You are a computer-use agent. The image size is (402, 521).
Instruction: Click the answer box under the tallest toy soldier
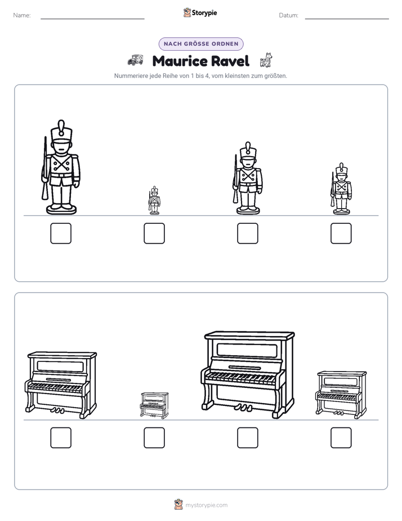pyautogui.click(x=61, y=233)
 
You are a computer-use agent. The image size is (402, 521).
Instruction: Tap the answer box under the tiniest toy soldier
pyautogui.click(x=154, y=233)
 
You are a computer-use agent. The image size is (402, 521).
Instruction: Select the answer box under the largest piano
pyautogui.click(x=248, y=438)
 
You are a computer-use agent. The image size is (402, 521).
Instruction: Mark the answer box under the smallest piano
pyautogui.click(x=154, y=438)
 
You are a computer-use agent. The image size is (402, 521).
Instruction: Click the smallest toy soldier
pyautogui.click(x=154, y=200)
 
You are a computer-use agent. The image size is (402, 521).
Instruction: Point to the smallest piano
pyautogui.click(x=154, y=405)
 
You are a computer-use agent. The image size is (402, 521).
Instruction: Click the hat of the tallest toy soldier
pyautogui.click(x=61, y=131)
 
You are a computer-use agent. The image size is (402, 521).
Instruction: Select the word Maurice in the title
pyautogui.click(x=180, y=61)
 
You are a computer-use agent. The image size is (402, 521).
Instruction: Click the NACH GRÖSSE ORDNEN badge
pyautogui.click(x=201, y=44)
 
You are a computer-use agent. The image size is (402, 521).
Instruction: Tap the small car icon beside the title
pyautogui.click(x=135, y=60)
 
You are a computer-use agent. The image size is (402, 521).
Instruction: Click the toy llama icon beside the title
pyautogui.click(x=266, y=60)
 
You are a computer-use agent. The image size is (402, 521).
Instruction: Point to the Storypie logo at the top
pyautogui.click(x=200, y=12)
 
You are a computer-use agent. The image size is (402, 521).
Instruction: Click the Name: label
pyautogui.click(x=22, y=15)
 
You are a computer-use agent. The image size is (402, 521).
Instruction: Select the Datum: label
pyautogui.click(x=289, y=15)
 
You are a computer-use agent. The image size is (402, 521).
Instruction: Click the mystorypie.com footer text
pyautogui.click(x=206, y=505)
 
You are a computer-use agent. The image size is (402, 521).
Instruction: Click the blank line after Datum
pyautogui.click(x=347, y=19)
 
